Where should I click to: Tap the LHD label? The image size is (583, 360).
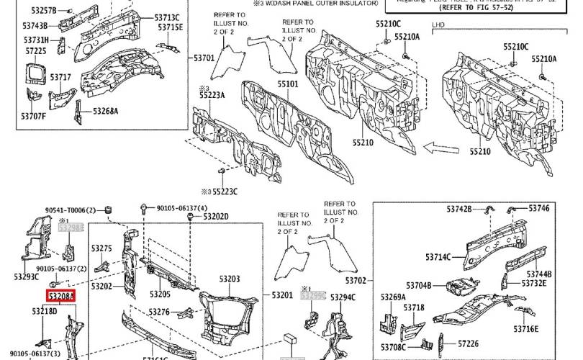tap(438, 24)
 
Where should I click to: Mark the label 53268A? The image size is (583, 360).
tap(105, 111)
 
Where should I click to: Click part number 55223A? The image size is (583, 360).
tap(212, 95)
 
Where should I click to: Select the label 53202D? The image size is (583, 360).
tap(216, 216)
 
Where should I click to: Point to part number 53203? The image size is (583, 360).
tap(229, 278)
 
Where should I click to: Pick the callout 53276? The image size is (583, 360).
tap(160, 312)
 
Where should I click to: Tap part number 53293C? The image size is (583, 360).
tap(26, 276)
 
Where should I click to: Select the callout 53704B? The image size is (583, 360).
tap(417, 286)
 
